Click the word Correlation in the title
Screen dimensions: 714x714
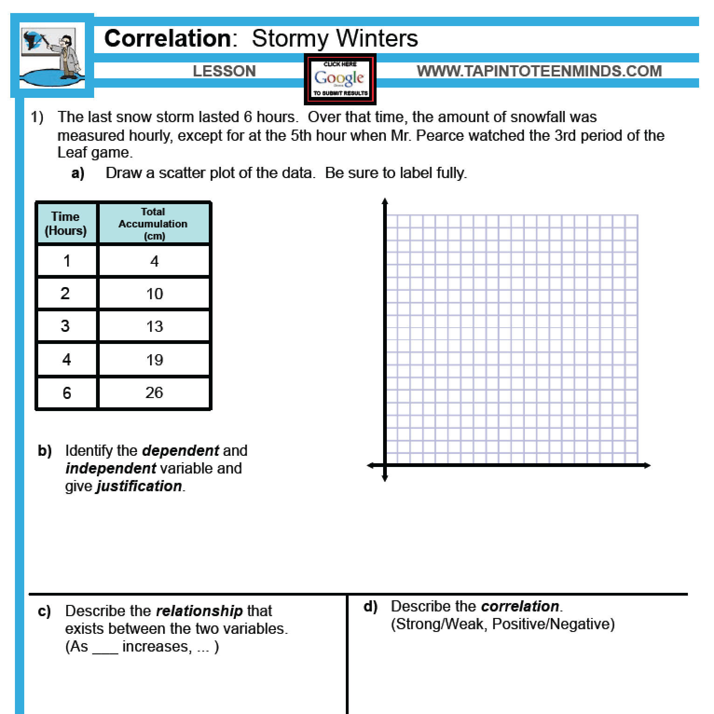[x=167, y=38]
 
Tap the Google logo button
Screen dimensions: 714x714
[x=340, y=79]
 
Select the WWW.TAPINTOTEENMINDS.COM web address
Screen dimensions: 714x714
[x=539, y=71]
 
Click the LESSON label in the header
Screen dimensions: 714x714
[x=224, y=71]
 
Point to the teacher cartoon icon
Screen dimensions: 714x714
[x=52, y=55]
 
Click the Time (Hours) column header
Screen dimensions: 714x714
[x=66, y=223]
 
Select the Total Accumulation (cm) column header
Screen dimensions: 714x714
[x=153, y=224]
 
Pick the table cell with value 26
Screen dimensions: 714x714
[x=154, y=392]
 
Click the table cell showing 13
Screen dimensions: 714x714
[x=154, y=326]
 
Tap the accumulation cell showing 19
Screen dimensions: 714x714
[x=154, y=360]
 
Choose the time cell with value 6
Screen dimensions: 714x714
[x=67, y=393]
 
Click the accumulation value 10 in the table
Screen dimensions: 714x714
[x=154, y=294]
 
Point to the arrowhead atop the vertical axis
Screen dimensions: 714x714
[x=384, y=202]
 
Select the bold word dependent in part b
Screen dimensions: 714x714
[x=180, y=451]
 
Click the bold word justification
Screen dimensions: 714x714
[x=139, y=486]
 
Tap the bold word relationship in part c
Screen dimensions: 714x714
[x=199, y=611]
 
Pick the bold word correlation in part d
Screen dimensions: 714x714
[x=520, y=606]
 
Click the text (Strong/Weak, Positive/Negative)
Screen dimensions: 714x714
[x=502, y=624]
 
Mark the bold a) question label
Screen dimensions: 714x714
[x=78, y=173]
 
